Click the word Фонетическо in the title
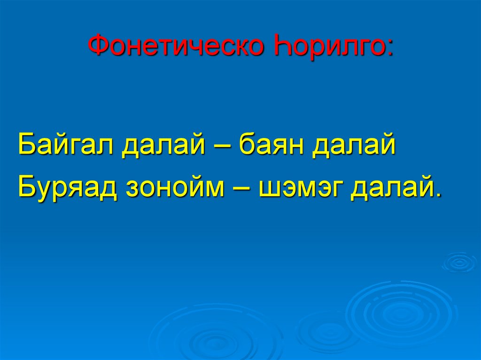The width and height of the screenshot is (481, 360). coord(177,46)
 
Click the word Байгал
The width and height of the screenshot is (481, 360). coord(65,146)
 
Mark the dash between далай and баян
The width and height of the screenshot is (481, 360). coord(223,146)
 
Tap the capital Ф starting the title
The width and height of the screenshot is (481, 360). coord(97,46)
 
